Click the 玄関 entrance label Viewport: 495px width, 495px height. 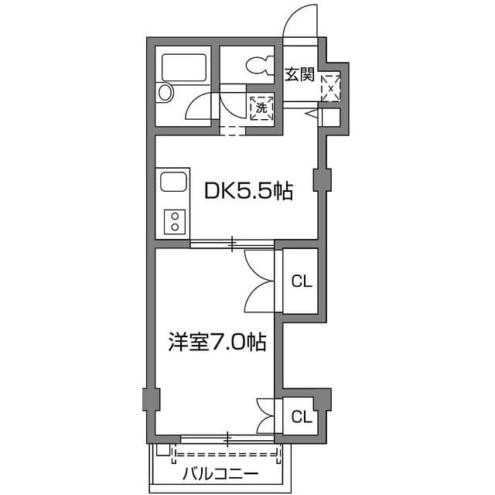coord(299,75)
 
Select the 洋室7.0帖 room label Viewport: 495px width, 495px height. coord(217,342)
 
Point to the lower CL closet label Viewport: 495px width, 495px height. coord(301,418)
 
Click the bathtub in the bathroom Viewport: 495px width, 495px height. coord(183,67)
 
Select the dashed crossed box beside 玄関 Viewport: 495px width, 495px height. coord(330,87)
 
